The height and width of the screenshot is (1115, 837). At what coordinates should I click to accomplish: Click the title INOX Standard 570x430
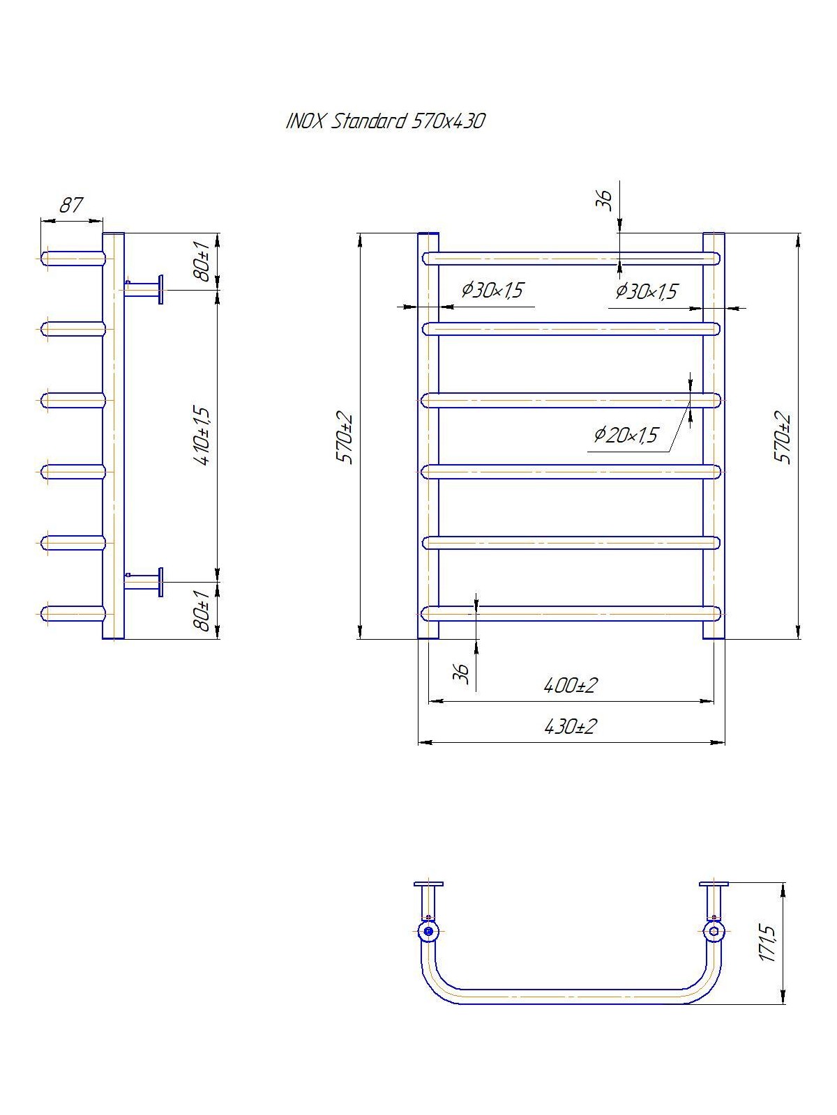coord(385,122)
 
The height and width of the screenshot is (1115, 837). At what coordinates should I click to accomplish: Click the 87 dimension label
coord(70,205)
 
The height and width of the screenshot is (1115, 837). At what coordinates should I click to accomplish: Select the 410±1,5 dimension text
coord(204,435)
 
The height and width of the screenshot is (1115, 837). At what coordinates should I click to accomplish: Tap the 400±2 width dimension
coord(571,686)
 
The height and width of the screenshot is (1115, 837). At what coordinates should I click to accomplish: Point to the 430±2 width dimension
coord(571,727)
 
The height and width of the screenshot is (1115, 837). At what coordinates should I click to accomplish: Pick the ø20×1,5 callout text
coord(626,436)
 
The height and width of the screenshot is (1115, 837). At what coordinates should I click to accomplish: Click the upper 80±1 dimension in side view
coord(203,261)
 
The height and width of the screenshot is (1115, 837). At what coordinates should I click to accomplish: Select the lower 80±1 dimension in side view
coord(203,610)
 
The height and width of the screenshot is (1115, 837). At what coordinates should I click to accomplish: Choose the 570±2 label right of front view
coord(785,438)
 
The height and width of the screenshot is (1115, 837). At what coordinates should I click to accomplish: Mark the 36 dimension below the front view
coord(462,673)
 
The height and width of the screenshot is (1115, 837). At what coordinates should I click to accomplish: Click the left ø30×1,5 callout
coord(492,290)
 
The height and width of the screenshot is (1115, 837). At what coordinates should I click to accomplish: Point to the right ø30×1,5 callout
coord(646,291)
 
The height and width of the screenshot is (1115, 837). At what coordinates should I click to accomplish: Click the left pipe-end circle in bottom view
coord(428,930)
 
